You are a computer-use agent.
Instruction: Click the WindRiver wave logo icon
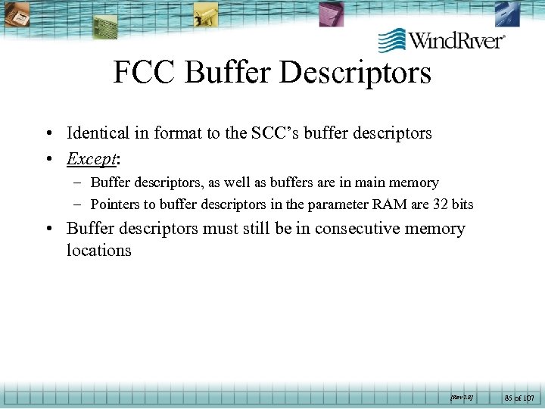point(391,39)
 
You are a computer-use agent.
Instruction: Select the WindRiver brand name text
point(456,39)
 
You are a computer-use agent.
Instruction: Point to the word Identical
point(98,133)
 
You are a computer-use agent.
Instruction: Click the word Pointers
point(117,204)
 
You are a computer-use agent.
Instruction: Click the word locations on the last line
point(98,251)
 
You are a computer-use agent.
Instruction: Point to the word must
point(220,229)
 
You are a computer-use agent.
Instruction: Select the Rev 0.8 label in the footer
point(461,395)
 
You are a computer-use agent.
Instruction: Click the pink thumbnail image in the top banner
point(330,13)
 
